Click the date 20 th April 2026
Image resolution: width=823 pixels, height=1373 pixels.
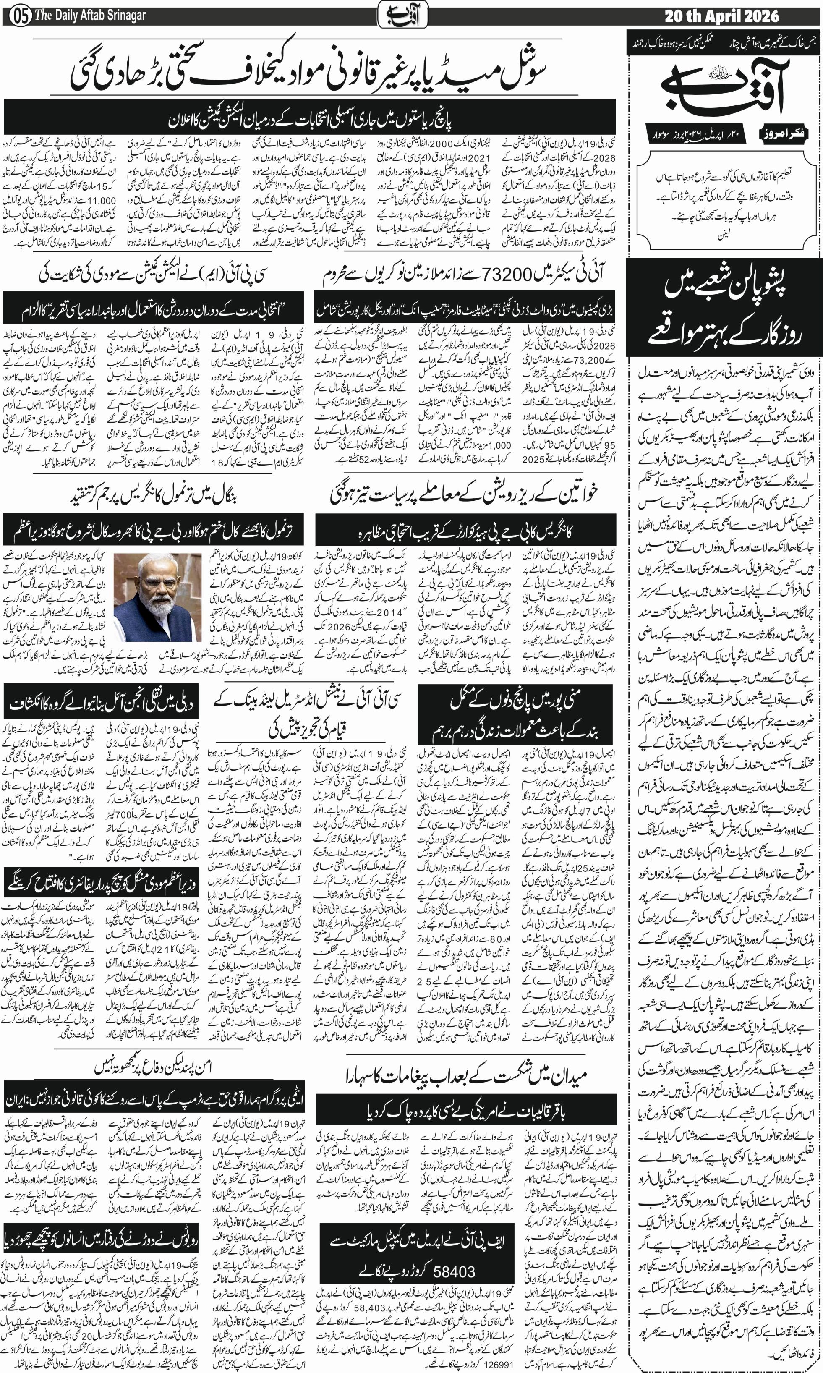[721, 16]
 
